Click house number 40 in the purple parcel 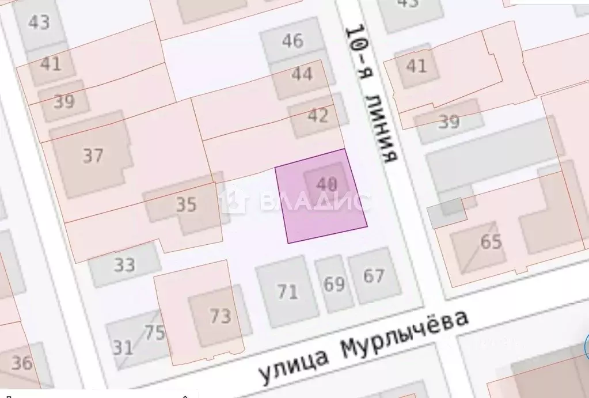(326, 184)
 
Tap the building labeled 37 (93, 156)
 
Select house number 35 (185, 204)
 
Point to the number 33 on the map (124, 265)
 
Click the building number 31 (122, 347)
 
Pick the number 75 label (154, 333)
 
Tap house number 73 (220, 316)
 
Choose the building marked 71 (288, 291)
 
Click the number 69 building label (334, 284)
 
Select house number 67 (374, 276)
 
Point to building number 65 (491, 242)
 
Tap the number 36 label (22, 363)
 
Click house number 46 (292, 41)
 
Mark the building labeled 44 (302, 74)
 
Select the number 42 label (318, 115)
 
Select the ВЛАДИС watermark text (314, 202)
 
